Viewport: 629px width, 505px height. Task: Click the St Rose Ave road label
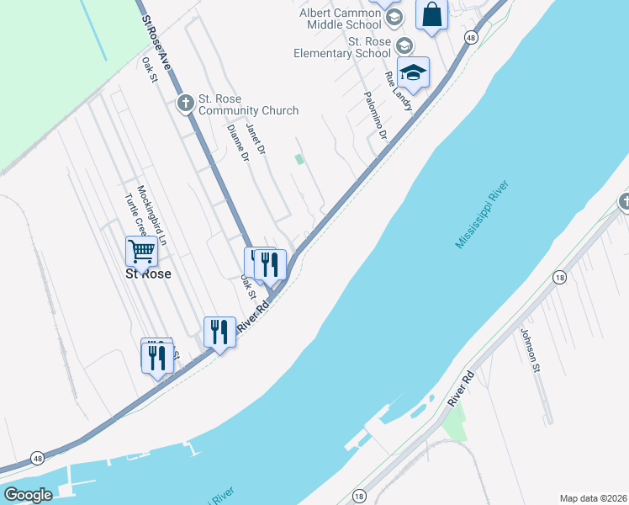point(156,43)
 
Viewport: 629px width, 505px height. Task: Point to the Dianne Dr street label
point(239,143)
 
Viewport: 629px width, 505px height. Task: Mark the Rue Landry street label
point(399,92)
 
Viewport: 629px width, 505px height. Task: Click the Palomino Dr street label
point(375,116)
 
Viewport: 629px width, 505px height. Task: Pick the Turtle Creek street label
point(135,215)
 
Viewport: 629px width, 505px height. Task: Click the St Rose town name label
point(148,274)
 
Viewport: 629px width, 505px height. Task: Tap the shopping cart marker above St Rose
point(141,251)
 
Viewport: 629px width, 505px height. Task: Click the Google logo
point(27,496)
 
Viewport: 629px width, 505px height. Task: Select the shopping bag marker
point(431,15)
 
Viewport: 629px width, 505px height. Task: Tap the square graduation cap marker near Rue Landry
point(413,73)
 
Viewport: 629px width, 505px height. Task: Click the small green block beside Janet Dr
point(299,159)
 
